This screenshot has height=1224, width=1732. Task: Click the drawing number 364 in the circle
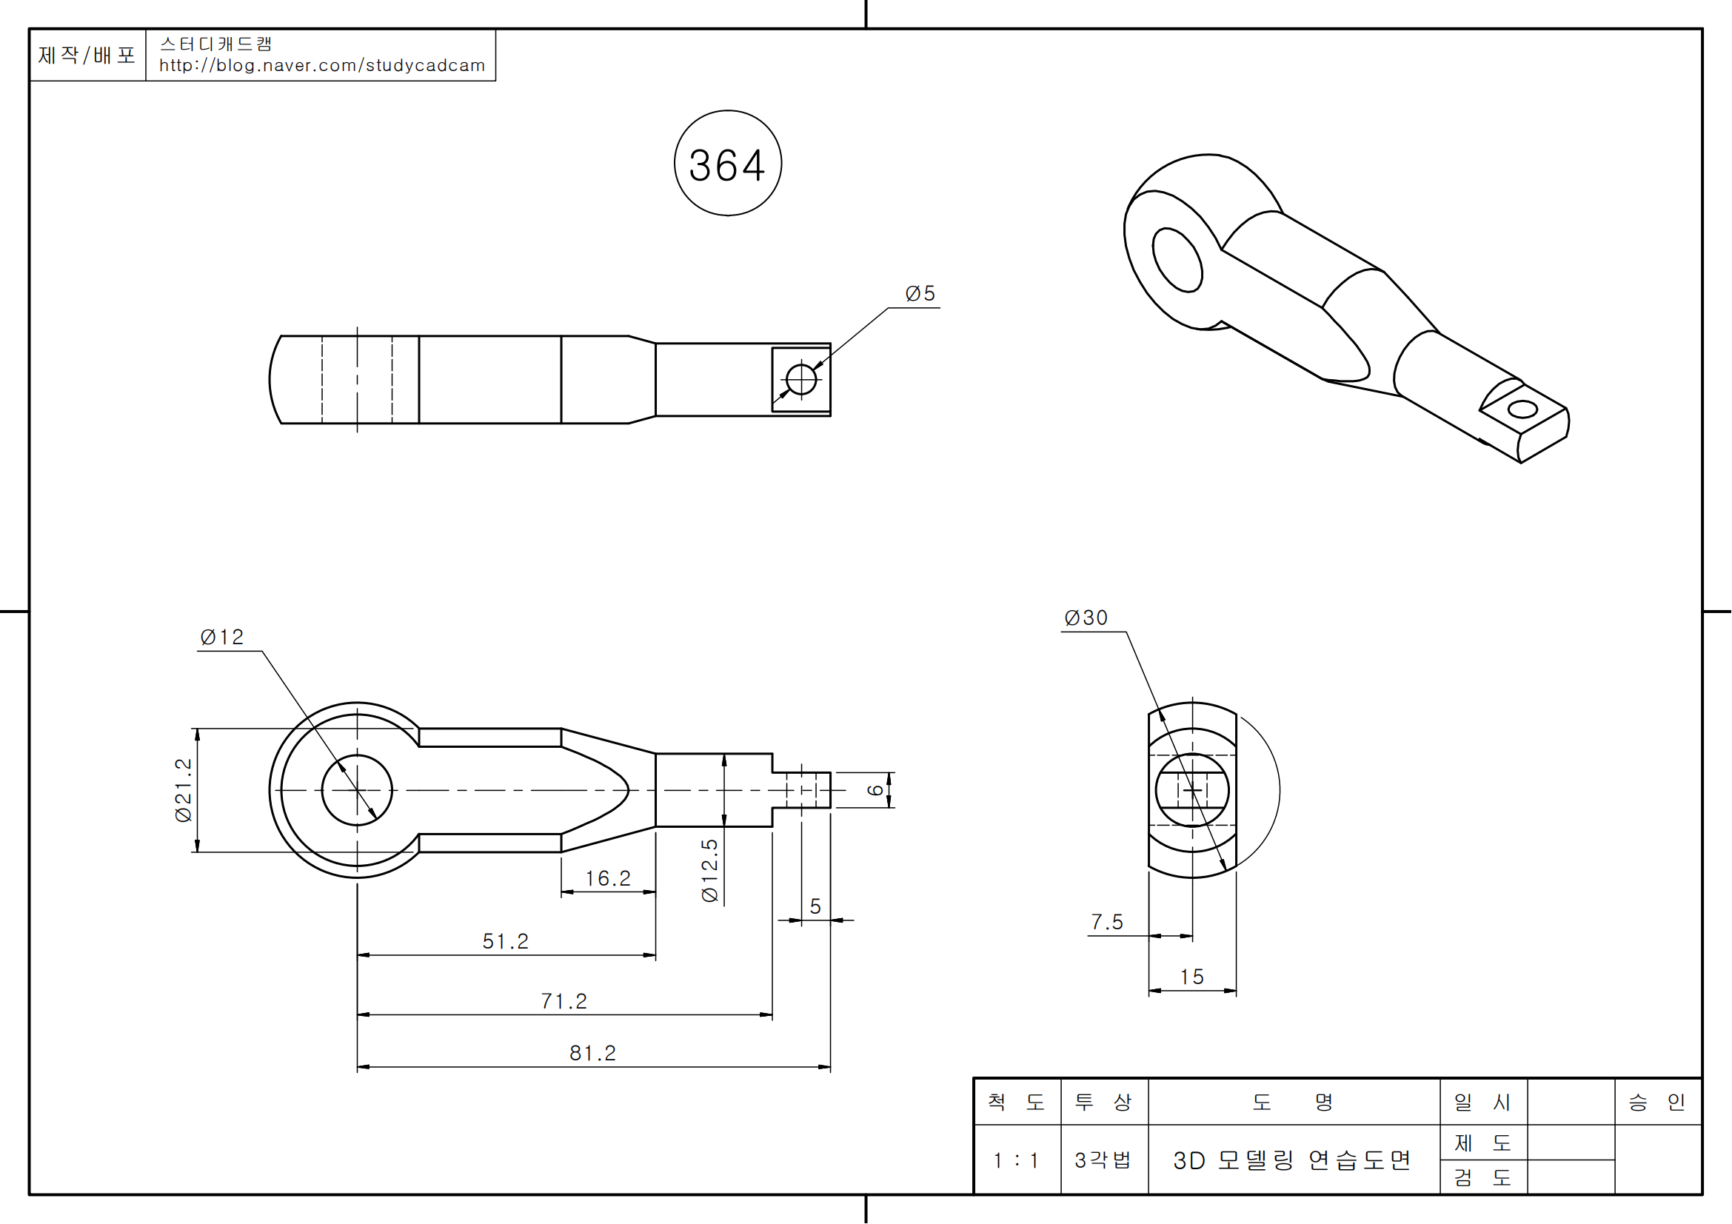[727, 165]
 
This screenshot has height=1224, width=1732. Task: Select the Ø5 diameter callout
[920, 293]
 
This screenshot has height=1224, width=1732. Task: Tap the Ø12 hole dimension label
[222, 638]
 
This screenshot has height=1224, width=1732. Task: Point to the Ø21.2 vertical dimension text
[184, 789]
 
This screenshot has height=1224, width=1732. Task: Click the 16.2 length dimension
[608, 879]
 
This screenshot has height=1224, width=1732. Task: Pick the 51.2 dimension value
[506, 941]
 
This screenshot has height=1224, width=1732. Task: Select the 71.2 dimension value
[564, 1001]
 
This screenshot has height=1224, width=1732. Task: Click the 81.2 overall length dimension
[593, 1053]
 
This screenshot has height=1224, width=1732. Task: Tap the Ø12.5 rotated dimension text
[710, 870]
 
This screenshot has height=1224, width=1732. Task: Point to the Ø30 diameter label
[1086, 618]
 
